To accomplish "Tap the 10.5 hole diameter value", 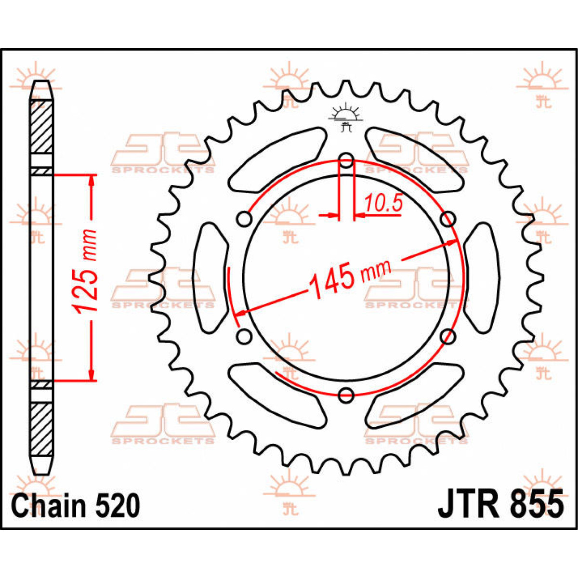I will [383, 204].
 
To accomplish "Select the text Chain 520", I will [76, 506].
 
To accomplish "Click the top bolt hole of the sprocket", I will [346, 161].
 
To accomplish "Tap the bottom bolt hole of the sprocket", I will [346, 395].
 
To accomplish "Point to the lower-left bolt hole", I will [244, 336].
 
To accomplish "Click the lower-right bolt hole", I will [448, 336].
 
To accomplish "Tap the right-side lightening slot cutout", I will [482, 278].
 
